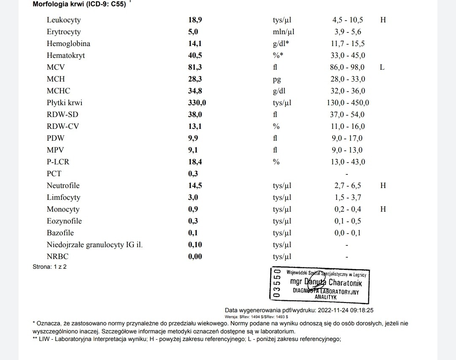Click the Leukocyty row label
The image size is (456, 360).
click(x=64, y=20)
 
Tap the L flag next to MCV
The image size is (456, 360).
click(x=382, y=67)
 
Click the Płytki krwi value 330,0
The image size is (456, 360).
click(x=197, y=103)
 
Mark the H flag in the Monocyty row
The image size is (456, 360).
click(x=383, y=209)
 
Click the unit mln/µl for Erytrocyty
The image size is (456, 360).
click(x=283, y=32)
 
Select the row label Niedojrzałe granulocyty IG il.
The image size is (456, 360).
click(x=95, y=245)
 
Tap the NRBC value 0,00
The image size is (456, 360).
click(x=195, y=256)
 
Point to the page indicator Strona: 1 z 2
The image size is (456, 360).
click(x=50, y=267)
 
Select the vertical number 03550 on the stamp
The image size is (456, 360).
click(x=277, y=284)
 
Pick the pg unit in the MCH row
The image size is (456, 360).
click(x=277, y=79)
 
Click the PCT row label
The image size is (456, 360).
click(x=54, y=174)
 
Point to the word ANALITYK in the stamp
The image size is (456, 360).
click(x=326, y=297)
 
